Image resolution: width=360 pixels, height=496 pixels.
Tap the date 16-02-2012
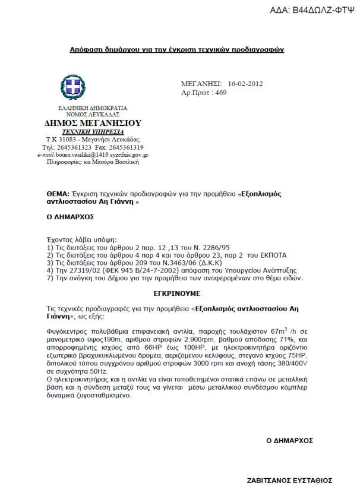tap(246, 84)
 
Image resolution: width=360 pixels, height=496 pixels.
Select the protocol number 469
tap(220, 93)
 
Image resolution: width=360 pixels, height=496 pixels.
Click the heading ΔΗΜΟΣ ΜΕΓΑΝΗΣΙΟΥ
tap(93, 123)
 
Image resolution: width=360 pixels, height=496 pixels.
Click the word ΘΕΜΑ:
tap(58, 194)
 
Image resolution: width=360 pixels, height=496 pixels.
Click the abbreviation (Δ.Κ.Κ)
tap(229, 261)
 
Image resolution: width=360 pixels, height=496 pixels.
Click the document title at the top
tap(176, 49)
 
